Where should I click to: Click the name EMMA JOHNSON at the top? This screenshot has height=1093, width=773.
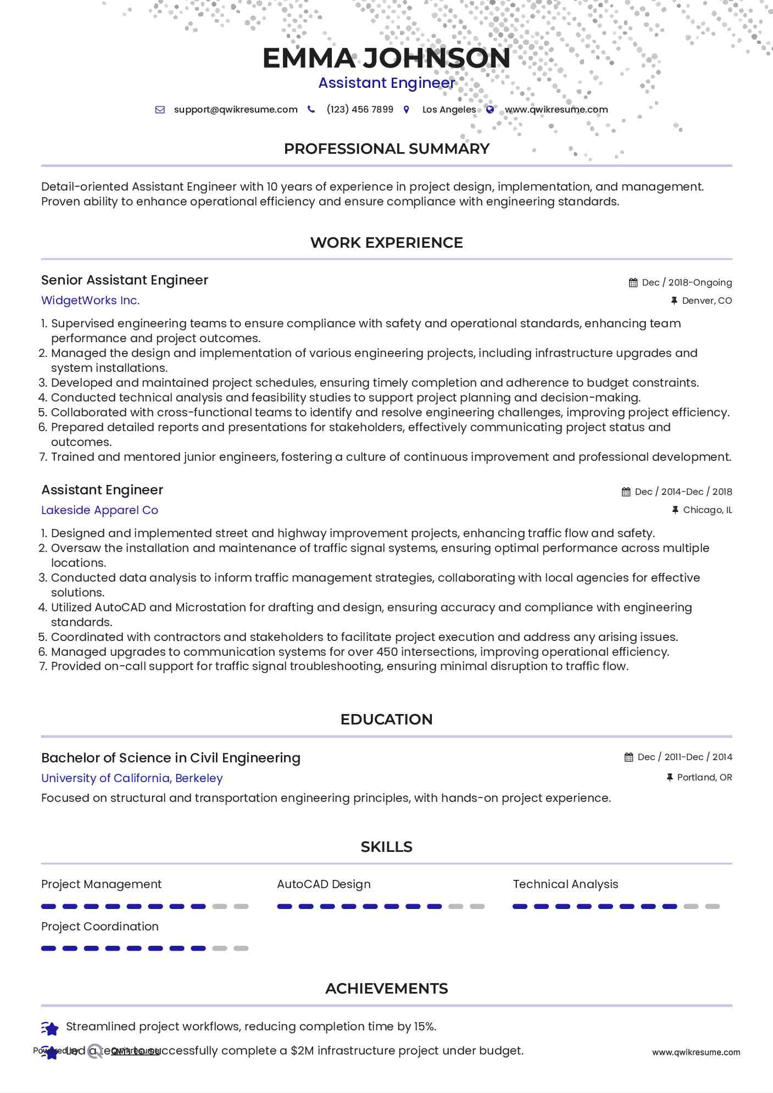tap(386, 58)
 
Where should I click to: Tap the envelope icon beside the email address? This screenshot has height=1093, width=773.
tap(160, 110)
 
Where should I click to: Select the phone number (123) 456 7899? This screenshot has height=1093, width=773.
tap(360, 109)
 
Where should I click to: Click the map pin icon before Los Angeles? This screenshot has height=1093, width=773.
tap(406, 110)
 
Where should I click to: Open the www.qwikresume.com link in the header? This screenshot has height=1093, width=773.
tap(556, 109)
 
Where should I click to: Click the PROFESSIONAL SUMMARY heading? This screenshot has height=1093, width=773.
tap(386, 149)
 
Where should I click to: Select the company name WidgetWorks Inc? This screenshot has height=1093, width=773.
tap(91, 300)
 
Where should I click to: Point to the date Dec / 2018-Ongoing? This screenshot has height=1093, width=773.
tap(687, 282)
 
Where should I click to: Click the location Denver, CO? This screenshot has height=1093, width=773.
tap(707, 300)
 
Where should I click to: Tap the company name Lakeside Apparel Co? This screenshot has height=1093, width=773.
tap(99, 510)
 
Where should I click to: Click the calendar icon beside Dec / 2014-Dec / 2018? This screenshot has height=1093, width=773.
tap(626, 492)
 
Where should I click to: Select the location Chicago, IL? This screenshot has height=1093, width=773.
tap(707, 510)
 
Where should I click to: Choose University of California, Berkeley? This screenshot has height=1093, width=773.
tap(132, 778)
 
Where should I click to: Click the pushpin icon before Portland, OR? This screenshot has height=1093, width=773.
tap(669, 778)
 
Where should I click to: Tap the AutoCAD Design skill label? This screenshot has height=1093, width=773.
tap(324, 884)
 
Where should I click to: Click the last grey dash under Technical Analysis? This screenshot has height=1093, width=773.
tap(712, 907)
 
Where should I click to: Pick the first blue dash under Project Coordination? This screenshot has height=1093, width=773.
tap(49, 949)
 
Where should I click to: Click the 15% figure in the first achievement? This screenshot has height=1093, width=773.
tap(424, 1027)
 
